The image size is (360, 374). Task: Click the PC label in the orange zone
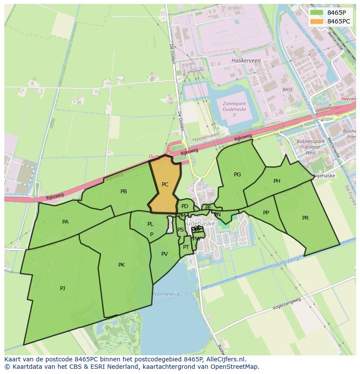(x=165, y=185)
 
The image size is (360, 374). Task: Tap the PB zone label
(x=123, y=192)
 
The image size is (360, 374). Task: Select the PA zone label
(x=65, y=222)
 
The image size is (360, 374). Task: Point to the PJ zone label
(x=63, y=288)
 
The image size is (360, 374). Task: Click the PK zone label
(x=121, y=265)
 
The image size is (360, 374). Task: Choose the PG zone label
(x=237, y=175)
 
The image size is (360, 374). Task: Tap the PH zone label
(x=277, y=181)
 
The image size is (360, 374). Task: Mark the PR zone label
(x=305, y=218)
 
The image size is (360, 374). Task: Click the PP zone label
(x=266, y=213)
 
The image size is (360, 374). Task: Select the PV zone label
(x=164, y=254)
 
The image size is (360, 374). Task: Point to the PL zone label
(x=150, y=224)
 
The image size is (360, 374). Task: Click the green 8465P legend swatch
(x=316, y=13)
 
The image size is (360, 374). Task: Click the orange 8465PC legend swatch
(x=316, y=21)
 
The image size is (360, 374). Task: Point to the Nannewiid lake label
(x=166, y=294)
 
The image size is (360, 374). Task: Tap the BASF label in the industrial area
(x=287, y=89)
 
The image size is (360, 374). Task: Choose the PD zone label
(x=185, y=206)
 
